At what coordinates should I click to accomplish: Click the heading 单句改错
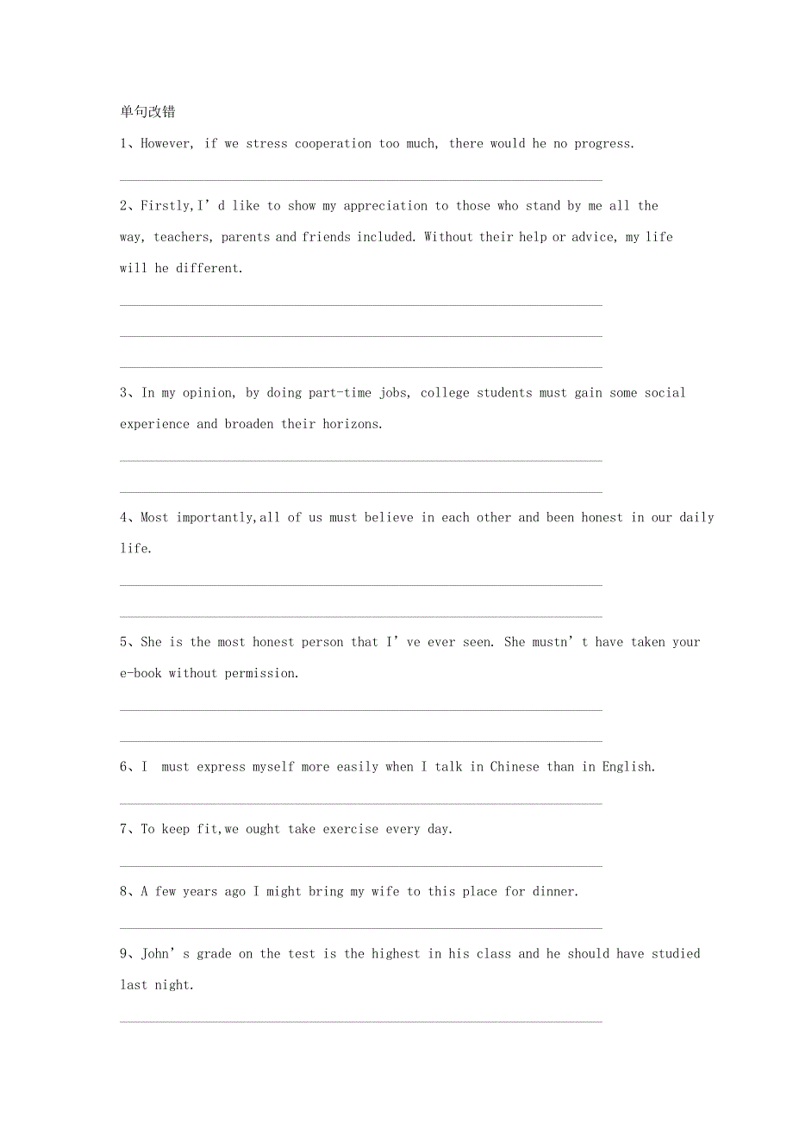coord(147,111)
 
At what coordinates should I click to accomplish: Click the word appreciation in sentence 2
coord(385,206)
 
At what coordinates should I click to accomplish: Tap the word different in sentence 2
coord(209,268)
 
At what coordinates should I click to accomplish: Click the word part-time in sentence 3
coord(340,393)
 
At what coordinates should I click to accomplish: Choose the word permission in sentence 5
coord(262,673)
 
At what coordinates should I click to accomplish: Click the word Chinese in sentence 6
coord(515,767)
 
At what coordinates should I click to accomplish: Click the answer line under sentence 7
coord(360,864)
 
